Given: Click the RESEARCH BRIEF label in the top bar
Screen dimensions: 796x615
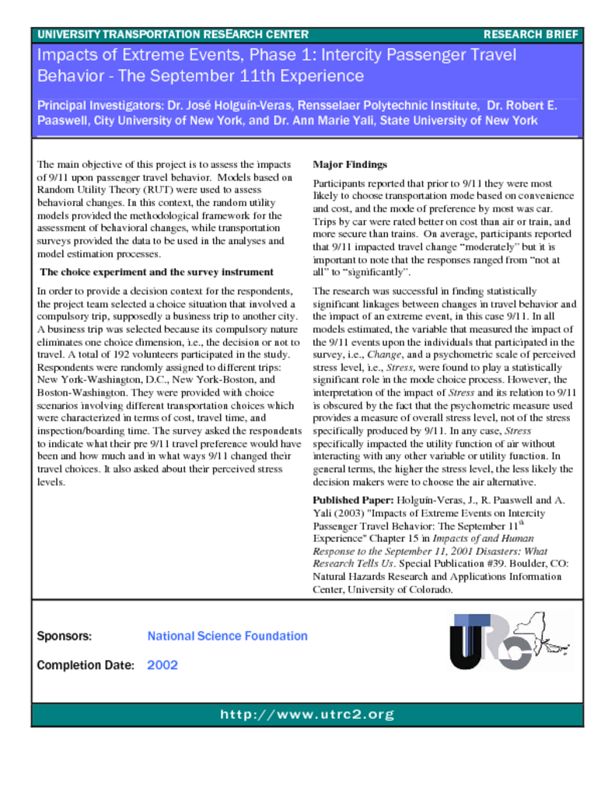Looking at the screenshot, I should point(531,34).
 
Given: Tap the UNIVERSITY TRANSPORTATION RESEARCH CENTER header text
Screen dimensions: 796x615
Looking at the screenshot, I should point(173,34).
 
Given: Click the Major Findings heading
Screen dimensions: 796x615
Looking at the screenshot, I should point(349,165).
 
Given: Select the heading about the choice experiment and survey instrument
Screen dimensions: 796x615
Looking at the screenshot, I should point(156,272).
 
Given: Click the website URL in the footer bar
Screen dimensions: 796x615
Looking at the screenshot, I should point(307,714).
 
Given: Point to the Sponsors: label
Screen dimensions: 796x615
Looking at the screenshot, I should point(65,636).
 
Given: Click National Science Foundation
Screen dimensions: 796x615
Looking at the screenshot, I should point(227,636).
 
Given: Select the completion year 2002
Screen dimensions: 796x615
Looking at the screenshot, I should point(162,665).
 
